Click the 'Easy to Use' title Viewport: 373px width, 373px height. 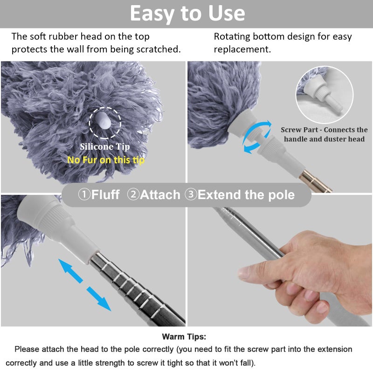(187, 14)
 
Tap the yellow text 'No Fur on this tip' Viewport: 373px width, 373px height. (106, 160)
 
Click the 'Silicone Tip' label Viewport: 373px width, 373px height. (104, 147)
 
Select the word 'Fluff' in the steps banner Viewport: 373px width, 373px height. (105, 194)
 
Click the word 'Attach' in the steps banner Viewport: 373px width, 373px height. (160, 194)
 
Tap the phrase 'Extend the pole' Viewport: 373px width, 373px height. (246, 194)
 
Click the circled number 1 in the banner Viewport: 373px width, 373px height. (84, 194)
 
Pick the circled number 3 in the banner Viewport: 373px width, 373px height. (191, 194)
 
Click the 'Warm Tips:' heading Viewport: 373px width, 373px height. (184, 337)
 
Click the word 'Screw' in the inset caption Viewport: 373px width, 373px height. (293, 130)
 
